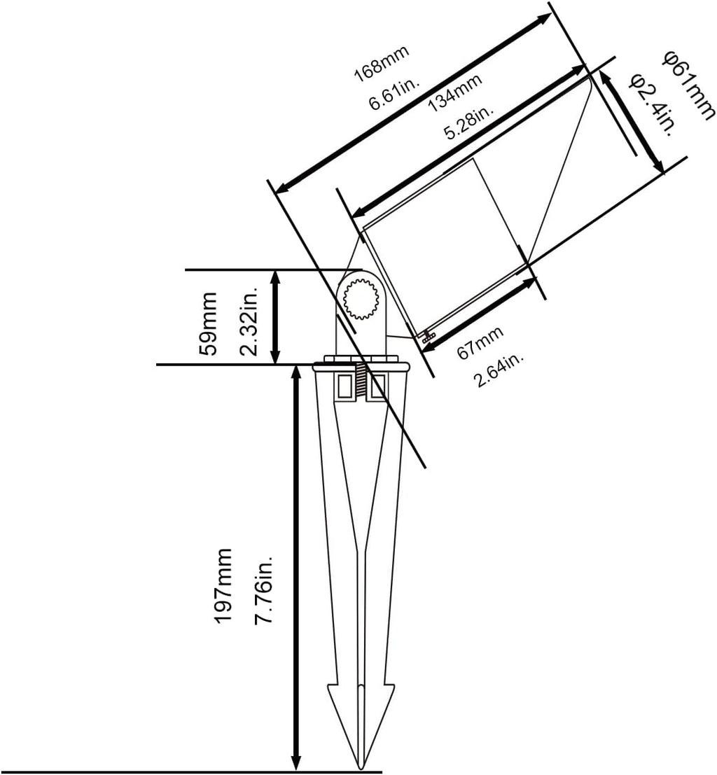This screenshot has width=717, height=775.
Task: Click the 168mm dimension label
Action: pos(382,64)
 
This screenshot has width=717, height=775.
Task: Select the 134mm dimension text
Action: pos(455,93)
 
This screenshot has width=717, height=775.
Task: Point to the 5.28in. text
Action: pos(468,122)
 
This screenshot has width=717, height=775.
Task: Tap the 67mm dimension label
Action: pos(479,342)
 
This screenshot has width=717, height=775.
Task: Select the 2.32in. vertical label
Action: pos(249,320)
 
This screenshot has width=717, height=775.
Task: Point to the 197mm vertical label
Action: pos(223,586)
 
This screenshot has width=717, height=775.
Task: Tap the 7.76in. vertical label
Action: pos(263,589)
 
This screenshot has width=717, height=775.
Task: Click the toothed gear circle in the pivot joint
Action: pos(361,298)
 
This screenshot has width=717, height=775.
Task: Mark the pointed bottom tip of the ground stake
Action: pos(361,769)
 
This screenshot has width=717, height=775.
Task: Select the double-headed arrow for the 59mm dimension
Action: pos(276,317)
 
